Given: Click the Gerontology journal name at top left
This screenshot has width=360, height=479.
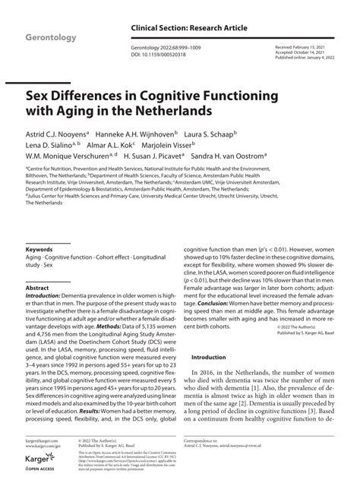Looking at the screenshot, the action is tap(54, 36).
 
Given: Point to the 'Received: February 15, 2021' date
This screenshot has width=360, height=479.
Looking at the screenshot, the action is tap(301, 46).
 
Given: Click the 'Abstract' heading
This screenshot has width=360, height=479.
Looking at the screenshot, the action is tap(37, 288).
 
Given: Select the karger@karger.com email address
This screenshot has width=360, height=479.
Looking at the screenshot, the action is tap(43, 440).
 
